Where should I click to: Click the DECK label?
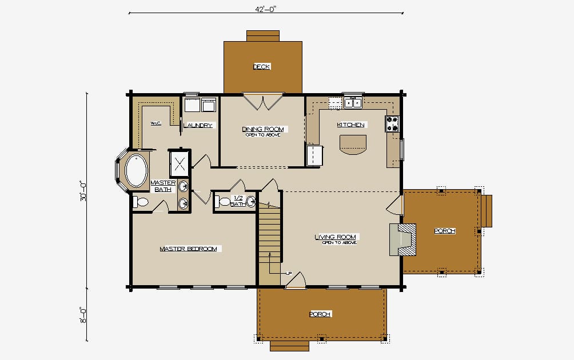click(x=262, y=67)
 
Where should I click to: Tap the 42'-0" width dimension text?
click(x=265, y=9)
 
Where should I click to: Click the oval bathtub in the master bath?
click(x=136, y=171)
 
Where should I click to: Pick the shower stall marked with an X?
click(x=180, y=164)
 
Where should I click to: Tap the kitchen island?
click(x=353, y=145)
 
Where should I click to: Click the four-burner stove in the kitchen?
click(x=392, y=123)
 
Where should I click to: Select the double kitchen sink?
click(x=353, y=103)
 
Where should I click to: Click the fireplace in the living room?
click(x=403, y=239)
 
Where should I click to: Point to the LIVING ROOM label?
click(x=336, y=237)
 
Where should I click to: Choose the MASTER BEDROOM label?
click(x=189, y=249)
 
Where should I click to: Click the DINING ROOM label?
click(x=263, y=129)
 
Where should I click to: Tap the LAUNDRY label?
click(x=198, y=126)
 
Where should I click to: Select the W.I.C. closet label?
click(x=156, y=123)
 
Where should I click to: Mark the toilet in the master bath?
click(x=140, y=202)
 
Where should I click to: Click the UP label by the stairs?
click(x=289, y=273)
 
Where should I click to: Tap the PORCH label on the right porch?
click(x=445, y=231)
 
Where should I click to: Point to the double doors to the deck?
click(x=263, y=102)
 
